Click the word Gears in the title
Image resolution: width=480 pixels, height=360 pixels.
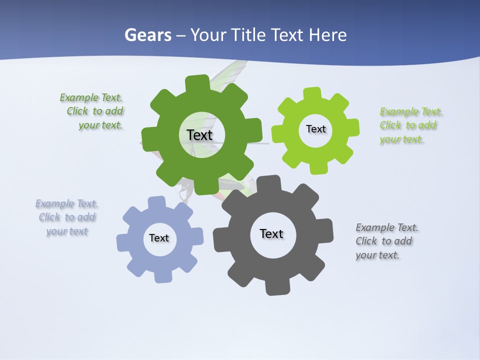(x=147, y=35)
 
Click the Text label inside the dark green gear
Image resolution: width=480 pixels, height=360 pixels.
(x=199, y=135)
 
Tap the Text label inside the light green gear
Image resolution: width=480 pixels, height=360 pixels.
(x=315, y=129)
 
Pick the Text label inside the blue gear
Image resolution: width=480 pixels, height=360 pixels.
(x=159, y=238)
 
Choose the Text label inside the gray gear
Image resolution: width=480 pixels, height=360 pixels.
(x=271, y=233)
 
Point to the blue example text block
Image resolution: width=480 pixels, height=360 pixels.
(x=67, y=217)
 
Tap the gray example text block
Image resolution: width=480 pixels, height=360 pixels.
(x=385, y=241)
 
